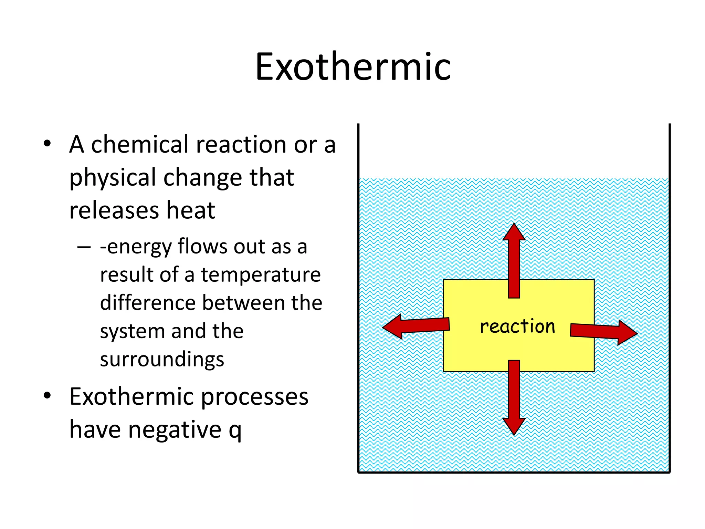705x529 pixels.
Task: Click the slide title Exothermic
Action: click(353, 67)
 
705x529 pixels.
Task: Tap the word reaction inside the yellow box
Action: click(517, 326)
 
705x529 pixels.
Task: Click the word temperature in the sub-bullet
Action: click(261, 275)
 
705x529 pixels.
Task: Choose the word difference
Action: click(147, 303)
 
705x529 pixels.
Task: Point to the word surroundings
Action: click(162, 360)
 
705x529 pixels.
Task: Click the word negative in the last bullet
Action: click(175, 430)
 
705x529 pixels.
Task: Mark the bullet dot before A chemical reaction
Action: click(48, 144)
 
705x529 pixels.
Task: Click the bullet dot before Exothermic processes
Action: click(48, 396)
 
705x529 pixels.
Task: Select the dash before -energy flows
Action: click(84, 247)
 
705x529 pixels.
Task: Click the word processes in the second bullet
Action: click(254, 397)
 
